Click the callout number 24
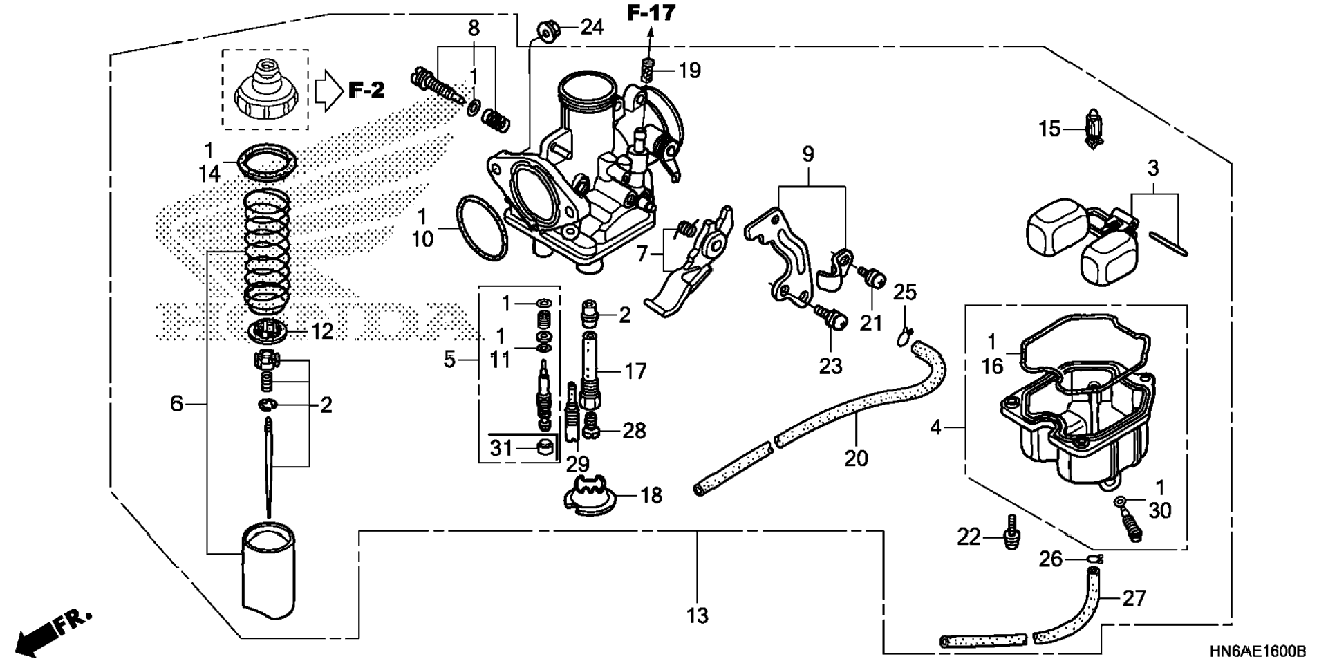tap(592, 28)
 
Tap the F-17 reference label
tap(651, 12)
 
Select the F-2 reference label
tap(366, 90)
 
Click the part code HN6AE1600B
tap(1257, 651)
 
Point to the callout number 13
tap(698, 615)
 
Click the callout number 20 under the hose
tap(856, 458)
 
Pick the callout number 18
tap(651, 495)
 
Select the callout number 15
tap(1049, 129)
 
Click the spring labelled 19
tap(648, 70)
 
